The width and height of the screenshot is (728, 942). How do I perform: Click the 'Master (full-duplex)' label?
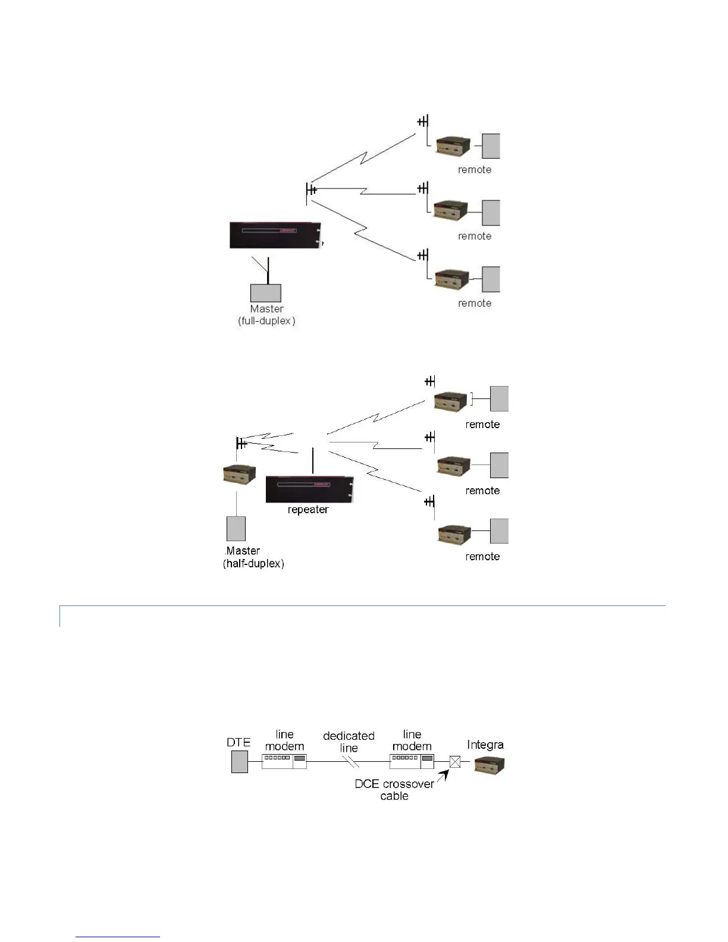coord(266,315)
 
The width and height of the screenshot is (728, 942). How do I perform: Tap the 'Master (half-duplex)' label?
coord(253,557)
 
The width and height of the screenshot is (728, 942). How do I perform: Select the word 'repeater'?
coord(308,510)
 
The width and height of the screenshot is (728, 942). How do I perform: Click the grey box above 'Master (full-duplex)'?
coord(265,293)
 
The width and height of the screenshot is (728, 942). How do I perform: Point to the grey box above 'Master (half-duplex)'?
coord(236,529)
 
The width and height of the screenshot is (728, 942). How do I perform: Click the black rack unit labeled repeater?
coord(309,489)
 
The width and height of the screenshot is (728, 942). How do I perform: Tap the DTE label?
coord(239,742)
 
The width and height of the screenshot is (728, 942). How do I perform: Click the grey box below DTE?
coord(239,762)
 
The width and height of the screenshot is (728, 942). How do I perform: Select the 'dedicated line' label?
coord(349,742)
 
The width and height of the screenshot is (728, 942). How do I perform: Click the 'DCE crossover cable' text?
coord(394,790)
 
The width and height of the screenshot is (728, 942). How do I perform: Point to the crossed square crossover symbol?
coord(455,761)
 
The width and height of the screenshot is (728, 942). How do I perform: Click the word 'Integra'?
coord(485,745)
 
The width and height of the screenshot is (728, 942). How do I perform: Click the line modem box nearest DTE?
coord(284,761)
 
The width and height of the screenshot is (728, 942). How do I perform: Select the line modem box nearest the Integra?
coord(412,761)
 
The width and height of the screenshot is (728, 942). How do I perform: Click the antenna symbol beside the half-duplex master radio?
coord(240,444)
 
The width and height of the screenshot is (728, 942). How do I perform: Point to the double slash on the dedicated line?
coord(352,762)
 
